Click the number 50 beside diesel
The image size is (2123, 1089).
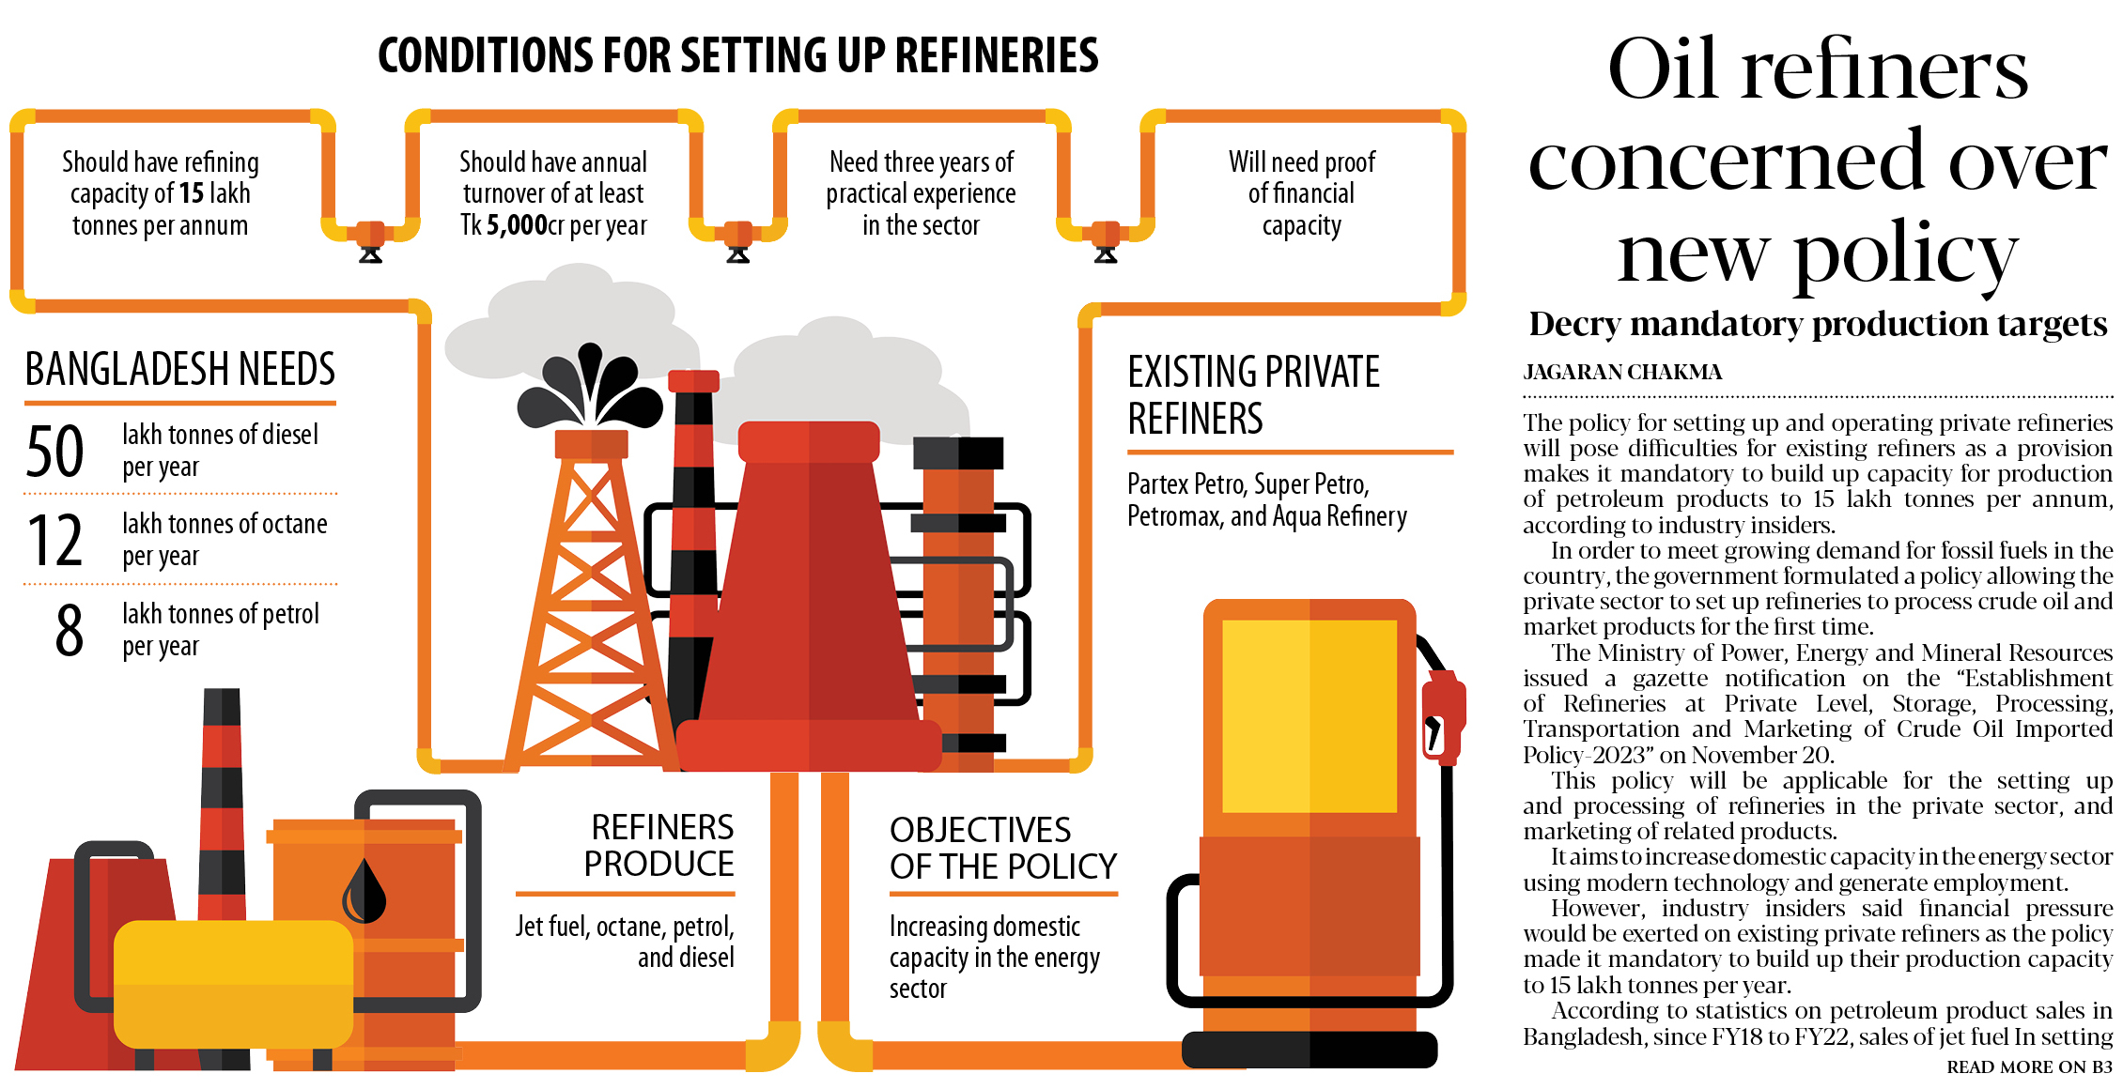(x=55, y=452)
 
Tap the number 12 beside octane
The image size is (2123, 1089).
(x=55, y=541)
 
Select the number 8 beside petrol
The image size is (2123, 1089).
(x=69, y=631)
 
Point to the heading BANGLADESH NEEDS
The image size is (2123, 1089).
(x=179, y=369)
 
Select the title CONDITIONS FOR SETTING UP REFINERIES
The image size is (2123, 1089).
(x=737, y=55)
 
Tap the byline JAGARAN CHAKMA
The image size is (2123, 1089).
(x=1622, y=373)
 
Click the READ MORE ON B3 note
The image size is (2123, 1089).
(x=2028, y=1067)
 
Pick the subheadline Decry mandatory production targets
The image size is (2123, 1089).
(x=1818, y=324)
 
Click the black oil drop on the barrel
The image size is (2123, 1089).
(x=364, y=892)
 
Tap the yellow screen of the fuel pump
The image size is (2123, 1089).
(x=1309, y=715)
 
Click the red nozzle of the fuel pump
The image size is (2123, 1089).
(x=1442, y=713)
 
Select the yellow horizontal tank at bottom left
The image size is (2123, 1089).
(x=233, y=983)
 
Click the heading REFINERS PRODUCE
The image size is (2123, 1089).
(x=659, y=845)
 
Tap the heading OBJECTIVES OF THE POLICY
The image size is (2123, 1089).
(x=1002, y=848)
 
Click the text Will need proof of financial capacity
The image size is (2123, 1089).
(x=1301, y=193)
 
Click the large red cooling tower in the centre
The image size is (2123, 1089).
(x=808, y=601)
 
